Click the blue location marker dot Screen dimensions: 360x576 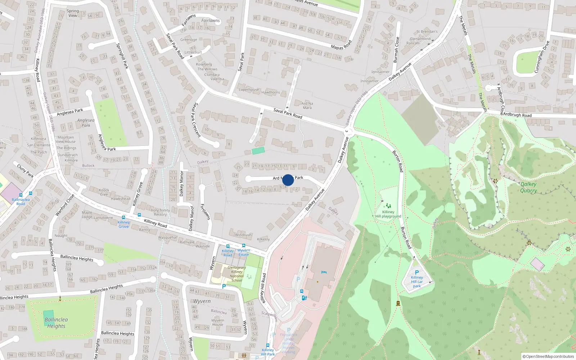pos(288,180)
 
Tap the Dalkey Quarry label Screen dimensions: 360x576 pos(528,187)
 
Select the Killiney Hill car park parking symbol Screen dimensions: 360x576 pos(417,273)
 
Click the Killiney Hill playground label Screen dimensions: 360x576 pos(388,214)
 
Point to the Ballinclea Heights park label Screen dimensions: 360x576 pos(56,323)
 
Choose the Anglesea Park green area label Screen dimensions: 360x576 pos(86,123)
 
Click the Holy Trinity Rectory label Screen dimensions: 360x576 pos(160,212)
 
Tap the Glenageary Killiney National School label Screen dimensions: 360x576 pos(237,274)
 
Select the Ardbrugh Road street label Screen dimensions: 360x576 pos(517,115)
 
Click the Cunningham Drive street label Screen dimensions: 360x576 pos(542,57)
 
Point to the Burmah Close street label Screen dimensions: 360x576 pos(397,50)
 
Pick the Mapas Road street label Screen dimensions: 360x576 pos(341,45)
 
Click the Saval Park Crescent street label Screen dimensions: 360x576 pos(197,120)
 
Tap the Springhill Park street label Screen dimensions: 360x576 pos(122,56)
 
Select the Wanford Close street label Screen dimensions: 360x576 pos(65,205)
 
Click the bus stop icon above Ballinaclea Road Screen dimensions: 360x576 pos(31,194)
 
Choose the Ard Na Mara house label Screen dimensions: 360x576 pos(307,105)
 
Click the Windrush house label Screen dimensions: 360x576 pos(243,235)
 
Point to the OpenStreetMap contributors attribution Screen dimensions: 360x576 pos(550,356)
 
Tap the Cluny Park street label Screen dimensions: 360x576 pos(25,171)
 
